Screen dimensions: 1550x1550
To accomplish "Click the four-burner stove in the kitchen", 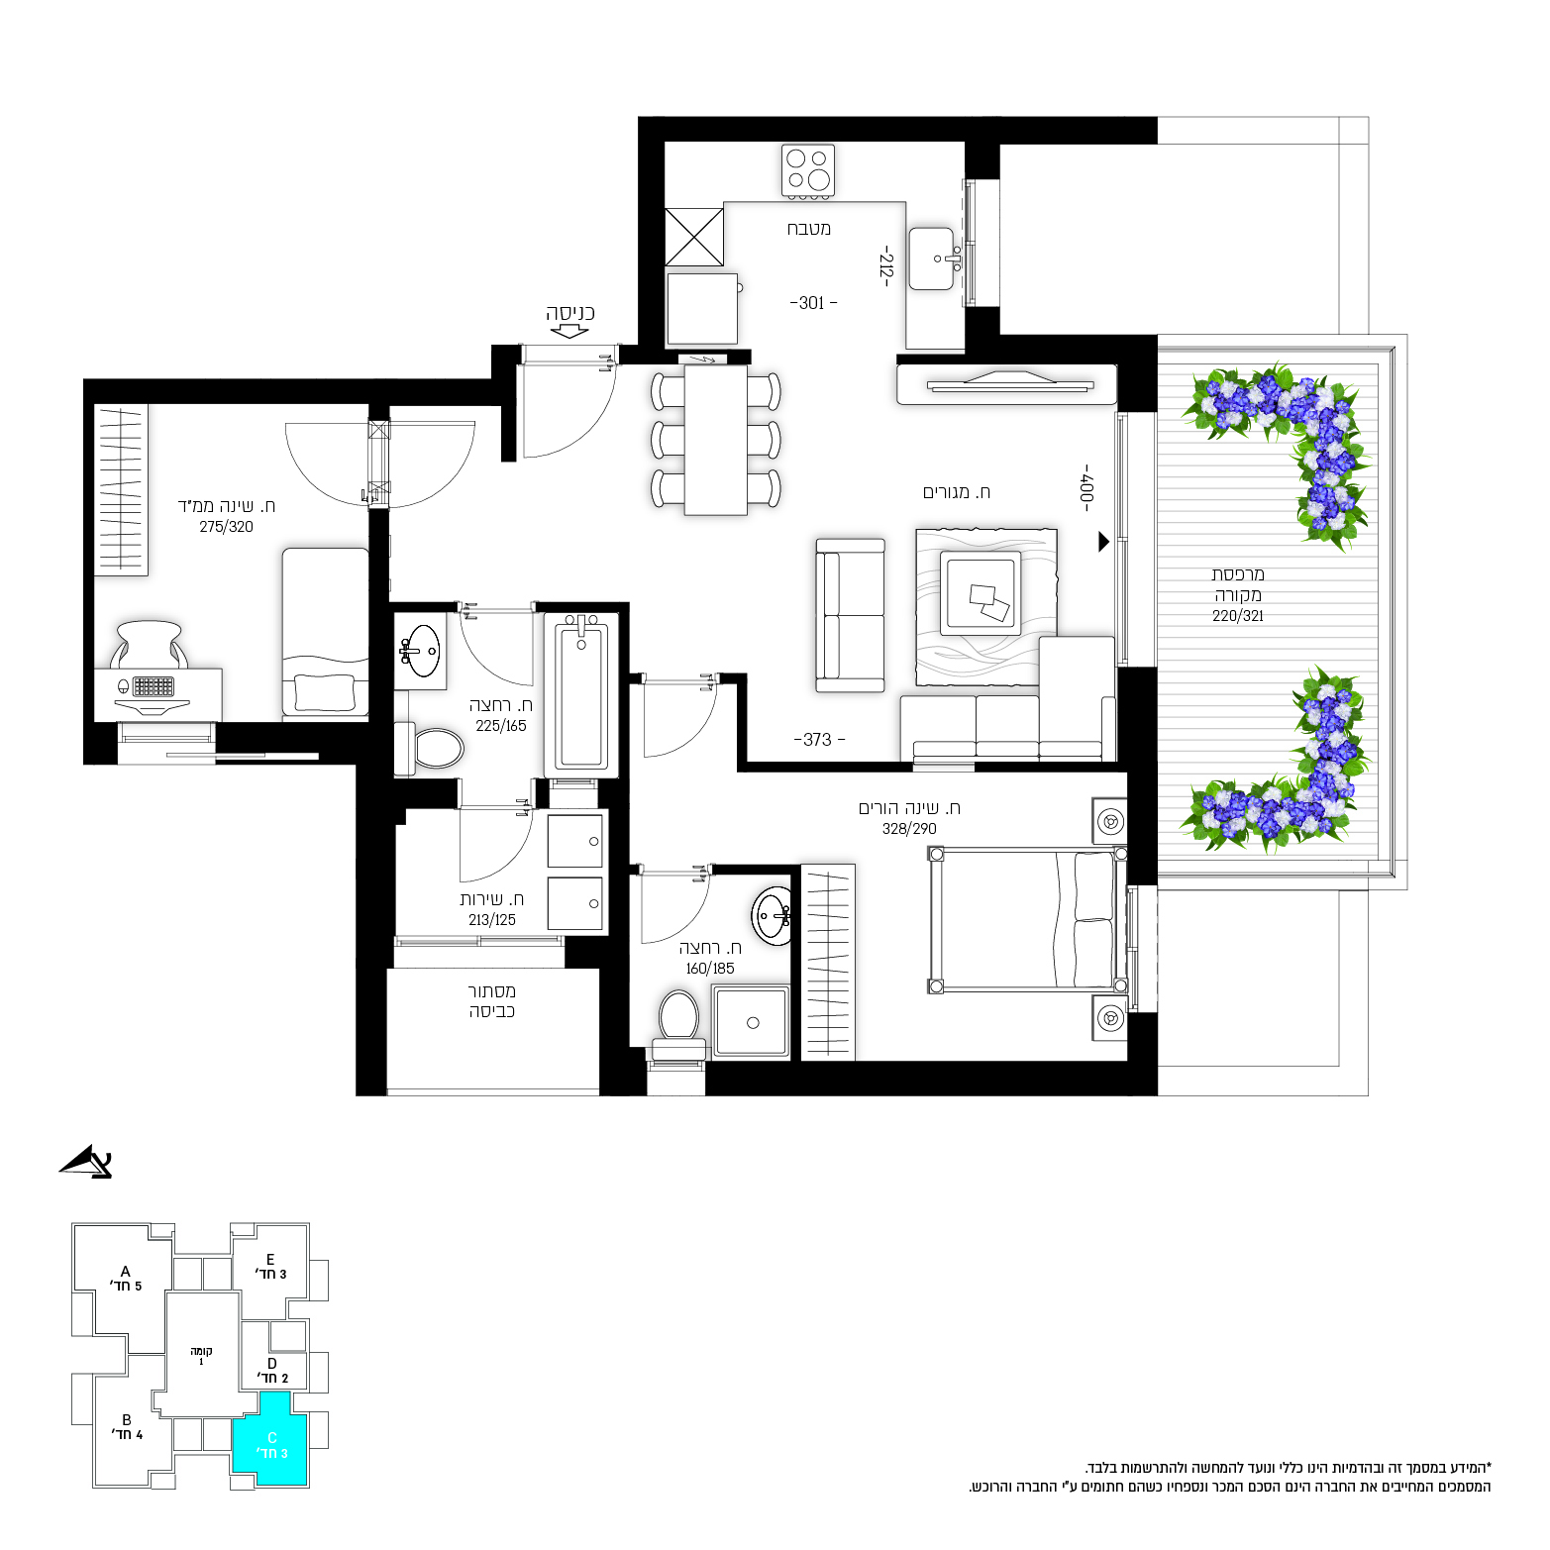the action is [808, 170].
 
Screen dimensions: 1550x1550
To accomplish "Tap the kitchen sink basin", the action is [932, 259].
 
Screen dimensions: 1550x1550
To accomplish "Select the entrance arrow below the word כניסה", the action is [568, 332].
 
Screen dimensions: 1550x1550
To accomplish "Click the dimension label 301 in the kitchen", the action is [812, 303].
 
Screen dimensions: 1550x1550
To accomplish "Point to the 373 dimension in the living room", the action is [818, 740].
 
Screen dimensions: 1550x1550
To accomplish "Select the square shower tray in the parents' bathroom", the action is [752, 1021].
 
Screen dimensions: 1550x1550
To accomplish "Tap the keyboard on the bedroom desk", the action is [154, 685].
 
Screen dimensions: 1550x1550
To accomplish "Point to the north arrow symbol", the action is [87, 1162].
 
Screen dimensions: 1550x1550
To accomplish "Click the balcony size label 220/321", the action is [1238, 616].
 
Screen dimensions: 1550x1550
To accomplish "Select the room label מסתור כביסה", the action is [491, 1001].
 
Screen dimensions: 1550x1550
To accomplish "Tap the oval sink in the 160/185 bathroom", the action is [772, 916].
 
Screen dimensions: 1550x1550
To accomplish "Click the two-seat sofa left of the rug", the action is [850, 615].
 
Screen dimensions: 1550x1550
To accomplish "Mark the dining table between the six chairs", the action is [716, 440].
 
